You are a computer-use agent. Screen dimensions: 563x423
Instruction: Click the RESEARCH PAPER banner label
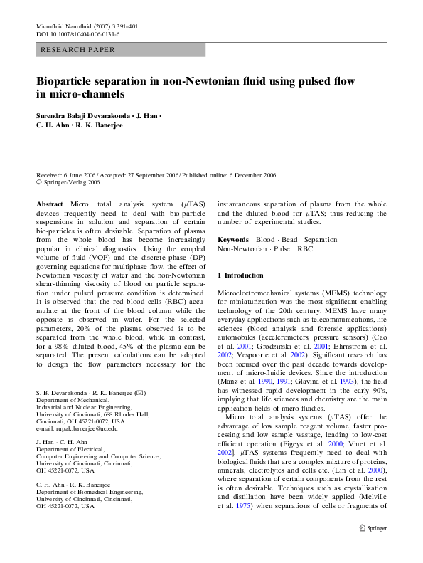(78, 50)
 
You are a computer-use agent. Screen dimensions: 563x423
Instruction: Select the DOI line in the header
(77, 34)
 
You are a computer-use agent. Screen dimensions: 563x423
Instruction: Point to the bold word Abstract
(49, 204)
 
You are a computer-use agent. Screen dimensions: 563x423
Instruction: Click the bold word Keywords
(233, 241)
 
